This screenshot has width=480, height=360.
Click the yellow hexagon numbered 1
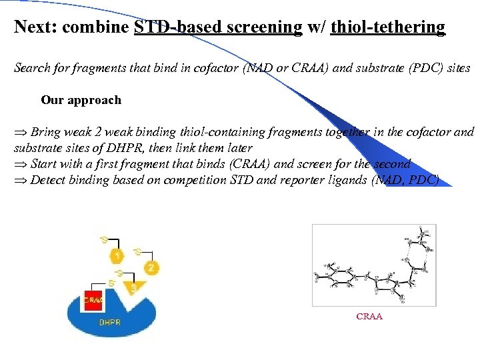pos(117,256)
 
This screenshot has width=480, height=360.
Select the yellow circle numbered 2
pos(152,268)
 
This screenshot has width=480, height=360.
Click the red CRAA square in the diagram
pos(93,300)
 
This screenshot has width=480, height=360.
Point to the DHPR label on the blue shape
pos(110,321)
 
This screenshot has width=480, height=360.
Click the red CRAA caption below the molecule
pos(369,317)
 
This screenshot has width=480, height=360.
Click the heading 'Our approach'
pos(81,100)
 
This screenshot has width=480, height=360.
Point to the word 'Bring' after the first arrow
pos(45,132)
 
